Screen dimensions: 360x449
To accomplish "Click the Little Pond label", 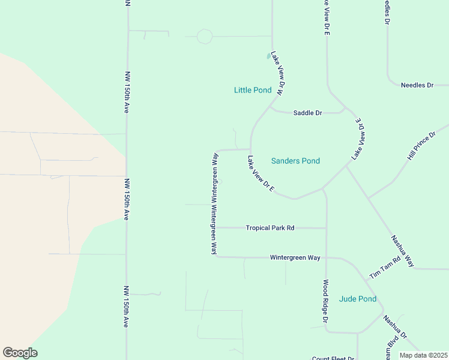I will tap(252, 91).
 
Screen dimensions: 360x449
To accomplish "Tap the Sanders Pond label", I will tap(295, 161).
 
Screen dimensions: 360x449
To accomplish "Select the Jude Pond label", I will tap(358, 299).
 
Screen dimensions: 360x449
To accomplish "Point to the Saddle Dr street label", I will tap(307, 113).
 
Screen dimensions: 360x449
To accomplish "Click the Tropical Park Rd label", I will tap(270, 228).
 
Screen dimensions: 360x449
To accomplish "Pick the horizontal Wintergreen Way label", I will tap(295, 257).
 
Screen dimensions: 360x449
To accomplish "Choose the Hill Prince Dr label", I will tap(421, 146).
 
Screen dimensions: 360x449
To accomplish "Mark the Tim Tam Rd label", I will tap(385, 268).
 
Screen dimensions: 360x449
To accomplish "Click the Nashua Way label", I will tap(403, 250).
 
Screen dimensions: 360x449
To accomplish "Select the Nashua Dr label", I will tap(395, 327).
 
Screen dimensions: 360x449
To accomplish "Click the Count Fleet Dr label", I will tap(333, 358).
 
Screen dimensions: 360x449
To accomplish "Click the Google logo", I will tap(20, 353).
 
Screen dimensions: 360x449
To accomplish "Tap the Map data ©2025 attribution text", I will tap(423, 355).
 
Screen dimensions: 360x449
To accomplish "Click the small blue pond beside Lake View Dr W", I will tap(268, 56).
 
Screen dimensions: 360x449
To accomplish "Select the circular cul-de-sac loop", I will tap(205, 37).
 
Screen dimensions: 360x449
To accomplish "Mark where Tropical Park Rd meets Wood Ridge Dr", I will tap(326, 228).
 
